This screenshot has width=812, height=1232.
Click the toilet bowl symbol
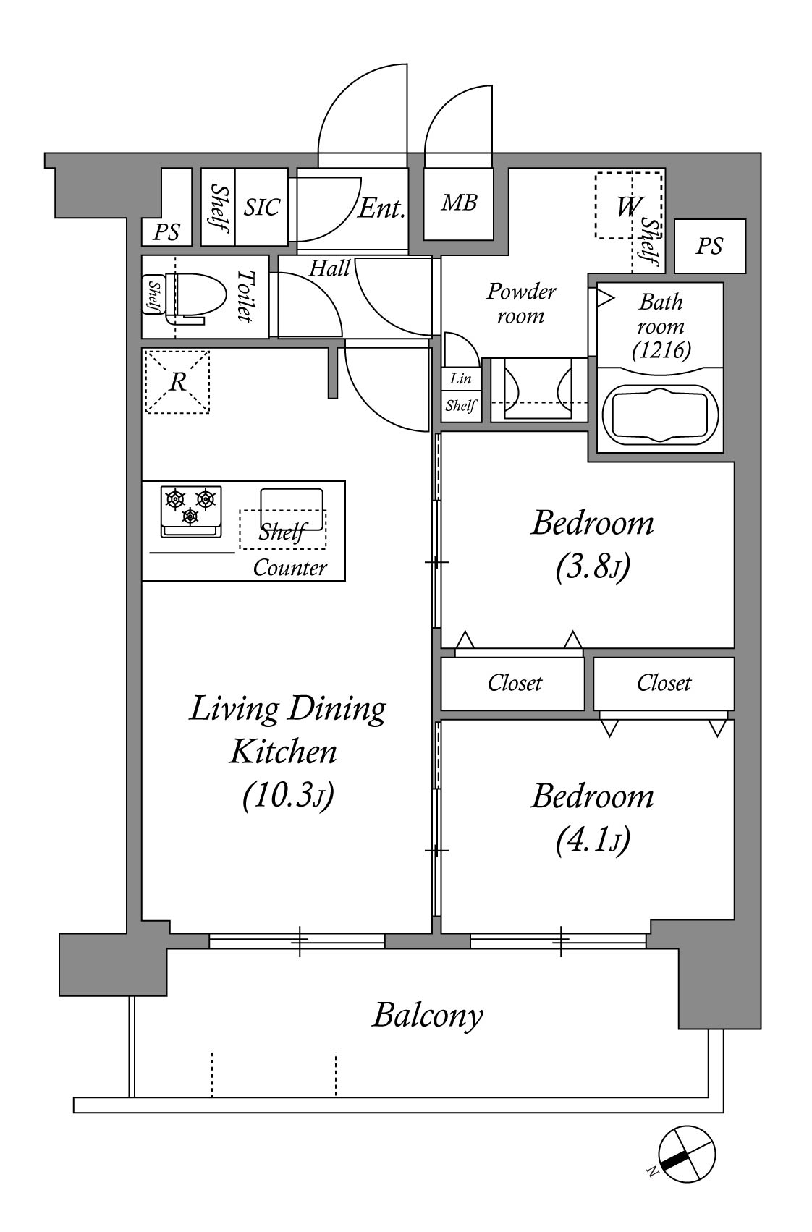[x=196, y=297]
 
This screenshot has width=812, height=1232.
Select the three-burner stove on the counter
[x=191, y=511]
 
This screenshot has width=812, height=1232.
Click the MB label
[x=459, y=203]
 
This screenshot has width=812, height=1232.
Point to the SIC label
[x=262, y=208]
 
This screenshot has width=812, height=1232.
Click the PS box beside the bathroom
[x=710, y=246]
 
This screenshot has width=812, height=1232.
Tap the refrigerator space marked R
[x=177, y=382]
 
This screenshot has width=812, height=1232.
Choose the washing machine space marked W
[x=628, y=205]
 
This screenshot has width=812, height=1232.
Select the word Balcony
[x=428, y=1016]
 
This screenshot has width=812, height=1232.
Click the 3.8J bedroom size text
[x=593, y=566]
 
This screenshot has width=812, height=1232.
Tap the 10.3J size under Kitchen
[x=288, y=795]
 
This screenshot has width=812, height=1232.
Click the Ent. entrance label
[x=381, y=208]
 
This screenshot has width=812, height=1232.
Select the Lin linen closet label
[x=460, y=378]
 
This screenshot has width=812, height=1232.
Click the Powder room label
[x=520, y=304]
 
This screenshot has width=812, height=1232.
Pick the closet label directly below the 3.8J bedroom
[x=515, y=683]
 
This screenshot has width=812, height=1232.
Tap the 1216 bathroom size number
[x=661, y=350]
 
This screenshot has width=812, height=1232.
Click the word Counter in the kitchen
[x=290, y=568]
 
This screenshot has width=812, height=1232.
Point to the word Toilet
[x=245, y=296]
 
